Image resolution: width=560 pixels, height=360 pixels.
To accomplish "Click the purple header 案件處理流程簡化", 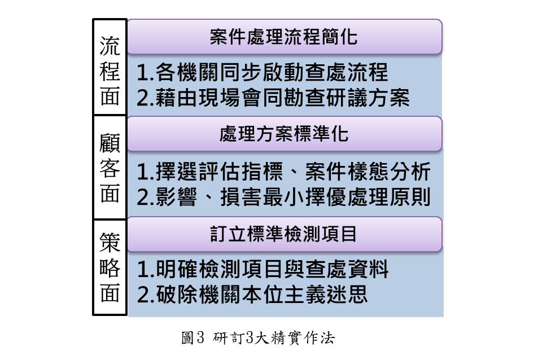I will coord(283,37).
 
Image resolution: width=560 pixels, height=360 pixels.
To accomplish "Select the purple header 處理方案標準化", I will coord(283,134).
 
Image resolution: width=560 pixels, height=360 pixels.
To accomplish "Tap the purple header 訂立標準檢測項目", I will coord(283,234).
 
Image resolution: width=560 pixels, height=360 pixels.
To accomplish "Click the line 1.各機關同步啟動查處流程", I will coord(263,73).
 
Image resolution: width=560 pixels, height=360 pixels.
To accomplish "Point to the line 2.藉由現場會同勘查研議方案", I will coord(273,98).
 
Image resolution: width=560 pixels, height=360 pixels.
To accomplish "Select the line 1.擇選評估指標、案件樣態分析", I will coord(285,170).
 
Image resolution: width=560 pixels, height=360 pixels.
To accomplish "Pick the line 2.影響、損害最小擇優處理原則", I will coord(285,197).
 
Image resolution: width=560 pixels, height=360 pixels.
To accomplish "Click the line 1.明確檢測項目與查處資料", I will coord(263,270).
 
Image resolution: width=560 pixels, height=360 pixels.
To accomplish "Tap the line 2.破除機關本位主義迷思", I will coord(252,295).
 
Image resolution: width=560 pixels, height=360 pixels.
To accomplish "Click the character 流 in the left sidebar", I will coord(110,45).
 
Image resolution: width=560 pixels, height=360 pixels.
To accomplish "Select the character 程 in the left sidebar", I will coord(110,71).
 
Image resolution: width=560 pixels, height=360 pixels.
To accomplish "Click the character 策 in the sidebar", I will coord(110,243).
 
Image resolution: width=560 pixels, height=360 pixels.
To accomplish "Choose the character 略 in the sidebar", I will coord(110,268).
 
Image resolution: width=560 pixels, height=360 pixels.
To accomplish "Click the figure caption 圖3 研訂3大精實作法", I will coord(258,339).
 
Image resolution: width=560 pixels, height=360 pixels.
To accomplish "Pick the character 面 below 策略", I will coord(110,293).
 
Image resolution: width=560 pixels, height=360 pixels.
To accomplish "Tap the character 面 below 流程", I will coord(110,97).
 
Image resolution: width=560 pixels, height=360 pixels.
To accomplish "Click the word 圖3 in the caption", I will coord(192,339).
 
